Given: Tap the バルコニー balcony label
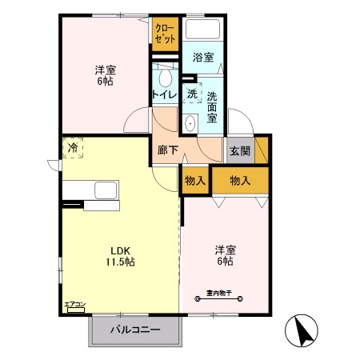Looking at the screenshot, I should (135, 330).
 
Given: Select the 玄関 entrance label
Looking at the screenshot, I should (238, 150).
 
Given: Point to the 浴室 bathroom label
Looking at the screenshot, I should (202, 58).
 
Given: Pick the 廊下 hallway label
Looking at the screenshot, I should (166, 150).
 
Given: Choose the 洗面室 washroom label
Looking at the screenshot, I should (212, 106).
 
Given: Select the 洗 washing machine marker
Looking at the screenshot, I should (192, 94).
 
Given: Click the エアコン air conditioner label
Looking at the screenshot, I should (74, 305).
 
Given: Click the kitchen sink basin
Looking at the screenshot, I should (106, 191).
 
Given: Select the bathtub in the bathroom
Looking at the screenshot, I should (203, 29).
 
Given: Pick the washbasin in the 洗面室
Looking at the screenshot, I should (190, 123).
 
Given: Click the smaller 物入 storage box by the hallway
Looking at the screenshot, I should (194, 180).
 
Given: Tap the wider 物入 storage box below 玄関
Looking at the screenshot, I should (239, 180).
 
